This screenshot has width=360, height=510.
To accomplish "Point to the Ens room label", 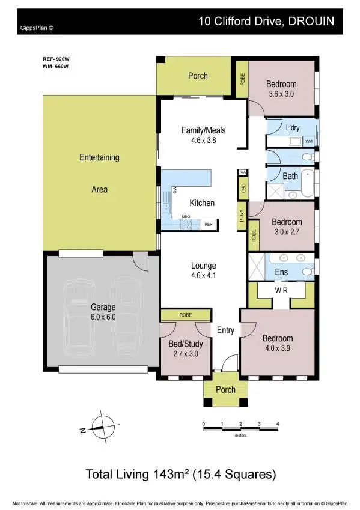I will [x=281, y=272].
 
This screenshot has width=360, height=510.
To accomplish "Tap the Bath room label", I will [x=290, y=176].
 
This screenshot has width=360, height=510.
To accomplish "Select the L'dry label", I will [x=293, y=127].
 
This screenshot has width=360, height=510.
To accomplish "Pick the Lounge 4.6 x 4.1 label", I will [x=203, y=270].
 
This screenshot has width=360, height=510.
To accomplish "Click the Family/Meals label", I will [x=203, y=135].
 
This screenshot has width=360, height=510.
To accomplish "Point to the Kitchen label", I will [x=202, y=203].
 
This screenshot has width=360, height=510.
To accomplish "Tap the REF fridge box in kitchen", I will [x=209, y=224].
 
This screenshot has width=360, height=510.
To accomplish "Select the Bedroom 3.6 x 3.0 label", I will [x=281, y=89].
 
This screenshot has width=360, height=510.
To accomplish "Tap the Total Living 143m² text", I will [x=180, y=474].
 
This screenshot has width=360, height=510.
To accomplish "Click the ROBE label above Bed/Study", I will [x=185, y=315].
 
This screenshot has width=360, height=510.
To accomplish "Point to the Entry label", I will [x=225, y=330].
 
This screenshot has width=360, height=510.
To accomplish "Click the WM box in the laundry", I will [x=309, y=141].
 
